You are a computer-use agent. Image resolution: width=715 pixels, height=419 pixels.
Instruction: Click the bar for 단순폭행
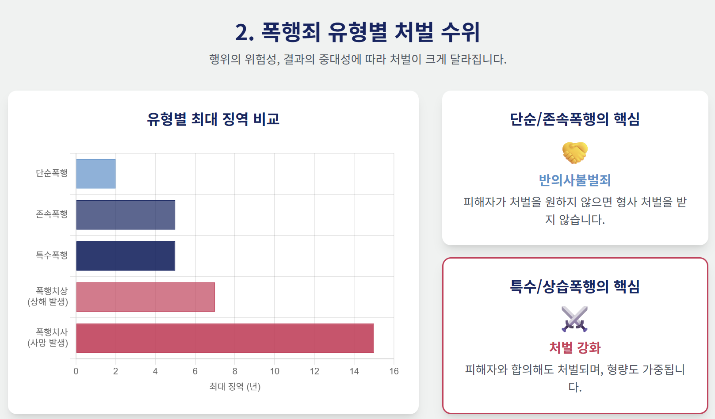(x=96, y=174)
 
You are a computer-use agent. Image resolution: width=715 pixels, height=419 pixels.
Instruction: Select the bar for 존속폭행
(x=126, y=215)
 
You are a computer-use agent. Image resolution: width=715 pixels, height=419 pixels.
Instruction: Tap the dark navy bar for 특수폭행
(x=126, y=256)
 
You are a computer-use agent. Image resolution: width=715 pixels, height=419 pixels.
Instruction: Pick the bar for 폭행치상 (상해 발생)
(x=145, y=297)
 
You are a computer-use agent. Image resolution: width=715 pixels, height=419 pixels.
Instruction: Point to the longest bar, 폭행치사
(x=225, y=338)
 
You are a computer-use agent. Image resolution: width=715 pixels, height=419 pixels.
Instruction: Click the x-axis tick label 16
(x=394, y=371)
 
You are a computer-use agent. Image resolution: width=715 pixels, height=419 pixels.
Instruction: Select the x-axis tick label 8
(x=235, y=371)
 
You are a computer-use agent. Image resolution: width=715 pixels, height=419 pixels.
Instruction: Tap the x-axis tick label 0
(x=76, y=371)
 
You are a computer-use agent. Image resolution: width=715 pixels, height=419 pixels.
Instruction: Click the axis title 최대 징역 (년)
(x=235, y=387)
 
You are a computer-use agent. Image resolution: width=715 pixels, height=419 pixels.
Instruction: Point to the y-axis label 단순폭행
(x=52, y=173)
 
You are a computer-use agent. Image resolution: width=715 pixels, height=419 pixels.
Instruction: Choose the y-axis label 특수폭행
(x=52, y=255)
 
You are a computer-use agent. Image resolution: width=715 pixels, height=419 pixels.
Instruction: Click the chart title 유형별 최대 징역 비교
(x=213, y=119)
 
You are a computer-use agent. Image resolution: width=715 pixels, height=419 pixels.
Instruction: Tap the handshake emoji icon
(x=575, y=152)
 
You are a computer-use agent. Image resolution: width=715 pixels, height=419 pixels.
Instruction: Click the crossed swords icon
(x=575, y=319)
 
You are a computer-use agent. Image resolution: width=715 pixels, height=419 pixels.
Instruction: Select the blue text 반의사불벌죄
(x=575, y=180)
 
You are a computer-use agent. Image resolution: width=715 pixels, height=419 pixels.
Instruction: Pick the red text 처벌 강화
(x=575, y=348)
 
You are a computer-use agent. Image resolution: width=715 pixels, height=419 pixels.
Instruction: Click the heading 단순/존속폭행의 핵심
(x=575, y=119)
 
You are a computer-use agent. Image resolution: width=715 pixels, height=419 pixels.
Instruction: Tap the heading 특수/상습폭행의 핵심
(x=575, y=286)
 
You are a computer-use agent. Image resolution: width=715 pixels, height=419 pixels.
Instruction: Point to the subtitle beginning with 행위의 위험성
(x=358, y=59)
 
